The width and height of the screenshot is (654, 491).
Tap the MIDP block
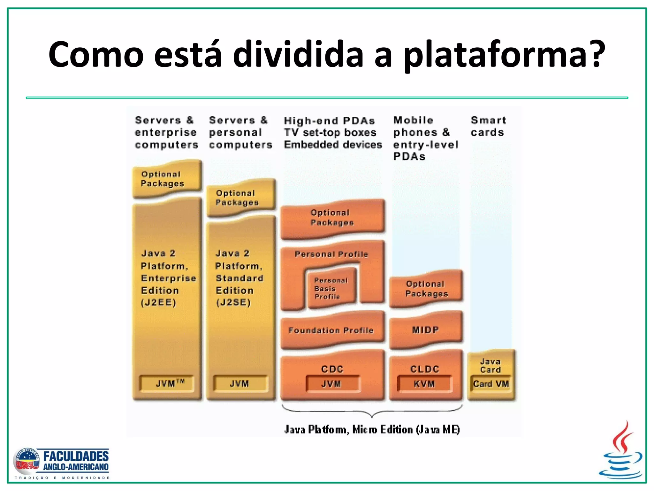(426, 330)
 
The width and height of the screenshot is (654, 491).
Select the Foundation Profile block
(331, 331)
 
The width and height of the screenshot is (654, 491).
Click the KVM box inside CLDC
(424, 384)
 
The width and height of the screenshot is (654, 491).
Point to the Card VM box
(491, 384)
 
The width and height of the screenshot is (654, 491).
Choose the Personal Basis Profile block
(331, 288)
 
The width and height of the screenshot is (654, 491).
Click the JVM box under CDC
(332, 384)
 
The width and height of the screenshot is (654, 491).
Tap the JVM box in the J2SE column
(240, 384)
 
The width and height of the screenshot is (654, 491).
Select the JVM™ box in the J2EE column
(167, 384)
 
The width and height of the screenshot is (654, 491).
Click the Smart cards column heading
(488, 126)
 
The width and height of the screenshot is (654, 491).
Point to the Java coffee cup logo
(620, 450)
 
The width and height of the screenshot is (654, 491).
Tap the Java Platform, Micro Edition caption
(372, 430)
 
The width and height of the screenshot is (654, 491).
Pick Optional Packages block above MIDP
(426, 289)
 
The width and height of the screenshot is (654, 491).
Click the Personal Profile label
(331, 254)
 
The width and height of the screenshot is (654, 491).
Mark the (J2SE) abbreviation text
(233, 303)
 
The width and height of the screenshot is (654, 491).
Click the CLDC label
(425, 369)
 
